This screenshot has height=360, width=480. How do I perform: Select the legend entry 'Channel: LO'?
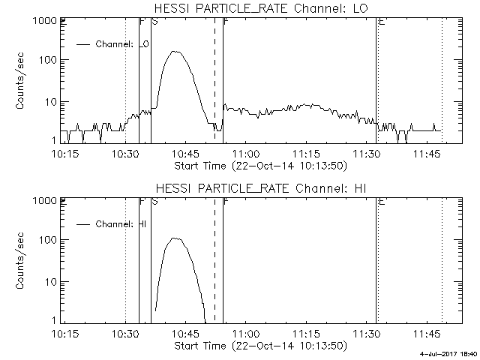click(x=123, y=44)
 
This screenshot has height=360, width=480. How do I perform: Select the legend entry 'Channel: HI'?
click(x=123, y=223)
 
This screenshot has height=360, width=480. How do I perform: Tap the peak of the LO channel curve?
click(x=176, y=52)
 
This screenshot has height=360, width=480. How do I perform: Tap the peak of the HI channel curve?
click(x=175, y=238)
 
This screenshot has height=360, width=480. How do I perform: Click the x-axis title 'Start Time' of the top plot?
click(x=259, y=165)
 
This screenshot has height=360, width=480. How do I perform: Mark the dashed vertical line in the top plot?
click(x=214, y=75)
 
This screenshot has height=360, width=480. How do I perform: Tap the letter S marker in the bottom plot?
click(x=154, y=202)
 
